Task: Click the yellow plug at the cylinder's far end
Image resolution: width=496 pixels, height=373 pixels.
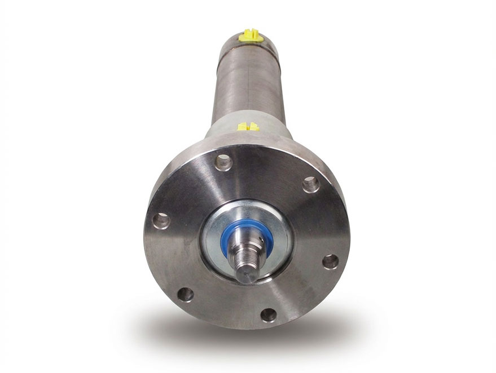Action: (x=251, y=37)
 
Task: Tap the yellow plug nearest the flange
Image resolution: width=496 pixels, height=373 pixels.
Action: (x=248, y=126)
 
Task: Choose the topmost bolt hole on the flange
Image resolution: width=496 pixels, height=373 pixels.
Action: (x=223, y=162)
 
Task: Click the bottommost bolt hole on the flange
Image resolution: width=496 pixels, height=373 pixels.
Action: (x=269, y=314)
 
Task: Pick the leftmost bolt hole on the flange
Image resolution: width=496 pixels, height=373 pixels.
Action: (x=161, y=220)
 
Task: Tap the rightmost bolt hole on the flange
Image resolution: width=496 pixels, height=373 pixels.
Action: (x=331, y=261)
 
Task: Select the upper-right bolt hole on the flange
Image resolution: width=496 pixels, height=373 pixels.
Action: (x=310, y=184)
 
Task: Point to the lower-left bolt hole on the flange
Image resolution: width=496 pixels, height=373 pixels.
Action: (x=185, y=294)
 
